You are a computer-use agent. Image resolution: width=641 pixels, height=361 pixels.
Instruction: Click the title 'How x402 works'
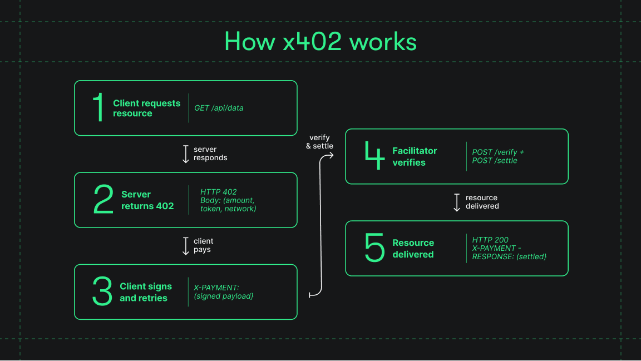[x=320, y=42]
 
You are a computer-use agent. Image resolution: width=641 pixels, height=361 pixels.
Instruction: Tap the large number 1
[x=98, y=108]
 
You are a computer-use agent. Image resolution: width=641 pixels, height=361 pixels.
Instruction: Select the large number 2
[x=103, y=200]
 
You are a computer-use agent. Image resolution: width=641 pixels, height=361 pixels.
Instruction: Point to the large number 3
[x=102, y=291]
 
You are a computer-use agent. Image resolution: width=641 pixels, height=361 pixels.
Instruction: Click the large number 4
[x=374, y=156]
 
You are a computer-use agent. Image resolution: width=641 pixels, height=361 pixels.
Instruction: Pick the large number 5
[x=374, y=248]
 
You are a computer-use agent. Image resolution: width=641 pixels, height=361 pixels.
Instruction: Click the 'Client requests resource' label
[x=146, y=108]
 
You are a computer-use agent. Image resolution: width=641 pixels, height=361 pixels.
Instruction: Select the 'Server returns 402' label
[x=147, y=200]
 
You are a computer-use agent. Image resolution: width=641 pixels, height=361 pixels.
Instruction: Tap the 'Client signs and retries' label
[x=145, y=292]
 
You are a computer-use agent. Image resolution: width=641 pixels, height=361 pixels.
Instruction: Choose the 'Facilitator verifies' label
[x=415, y=157]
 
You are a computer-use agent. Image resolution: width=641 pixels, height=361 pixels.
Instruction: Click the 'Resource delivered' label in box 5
[x=413, y=249]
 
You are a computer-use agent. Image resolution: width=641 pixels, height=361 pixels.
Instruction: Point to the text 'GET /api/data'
[x=219, y=108]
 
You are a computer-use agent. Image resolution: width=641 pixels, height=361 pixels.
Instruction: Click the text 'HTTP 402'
[x=218, y=192]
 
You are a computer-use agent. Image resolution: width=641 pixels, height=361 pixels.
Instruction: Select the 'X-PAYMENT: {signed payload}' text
[x=224, y=292]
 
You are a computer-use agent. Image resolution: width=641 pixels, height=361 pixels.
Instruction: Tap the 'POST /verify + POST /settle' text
[x=498, y=156]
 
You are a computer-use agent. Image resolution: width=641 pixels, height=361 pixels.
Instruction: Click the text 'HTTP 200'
[x=490, y=240]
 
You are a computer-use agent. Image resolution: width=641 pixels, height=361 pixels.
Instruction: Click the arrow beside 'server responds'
[x=186, y=154]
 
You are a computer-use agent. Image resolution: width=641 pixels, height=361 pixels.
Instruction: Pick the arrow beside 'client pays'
[x=186, y=246]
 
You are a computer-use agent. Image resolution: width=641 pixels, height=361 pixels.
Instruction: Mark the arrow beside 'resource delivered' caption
[x=457, y=202]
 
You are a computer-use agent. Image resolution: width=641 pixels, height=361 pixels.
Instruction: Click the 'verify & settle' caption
[x=319, y=142]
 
